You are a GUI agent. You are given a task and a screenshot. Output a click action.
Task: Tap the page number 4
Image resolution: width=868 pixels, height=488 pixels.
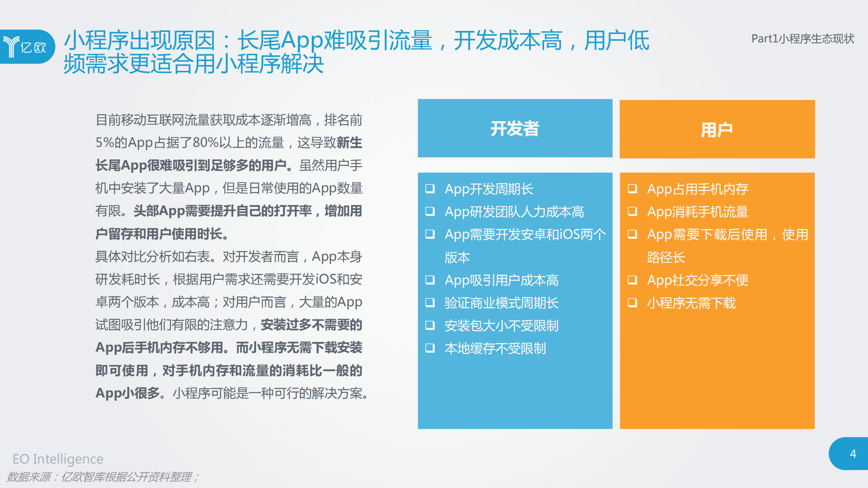[853, 454]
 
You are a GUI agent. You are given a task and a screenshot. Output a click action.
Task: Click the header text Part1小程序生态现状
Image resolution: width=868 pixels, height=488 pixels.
[803, 39]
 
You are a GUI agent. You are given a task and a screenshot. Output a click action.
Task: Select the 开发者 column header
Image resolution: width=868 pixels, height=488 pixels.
[515, 129]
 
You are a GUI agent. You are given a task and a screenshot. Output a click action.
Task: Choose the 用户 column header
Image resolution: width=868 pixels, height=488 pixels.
[717, 130]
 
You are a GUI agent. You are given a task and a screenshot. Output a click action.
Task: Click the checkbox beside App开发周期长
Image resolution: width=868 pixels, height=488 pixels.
[430, 189]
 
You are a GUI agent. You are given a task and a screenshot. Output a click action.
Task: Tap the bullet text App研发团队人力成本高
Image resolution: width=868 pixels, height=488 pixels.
[514, 212]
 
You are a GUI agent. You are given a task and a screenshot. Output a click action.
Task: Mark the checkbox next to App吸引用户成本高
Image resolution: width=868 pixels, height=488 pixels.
[430, 280]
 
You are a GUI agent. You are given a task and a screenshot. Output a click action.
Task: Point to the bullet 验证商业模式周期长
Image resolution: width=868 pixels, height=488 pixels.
[501, 303]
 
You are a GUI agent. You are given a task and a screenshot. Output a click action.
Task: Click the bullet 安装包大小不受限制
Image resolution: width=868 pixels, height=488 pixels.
[501, 326]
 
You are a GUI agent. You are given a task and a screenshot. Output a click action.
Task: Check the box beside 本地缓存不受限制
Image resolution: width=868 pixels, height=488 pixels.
[430, 348]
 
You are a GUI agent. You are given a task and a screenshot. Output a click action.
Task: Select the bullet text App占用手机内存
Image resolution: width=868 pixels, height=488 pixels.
[697, 189]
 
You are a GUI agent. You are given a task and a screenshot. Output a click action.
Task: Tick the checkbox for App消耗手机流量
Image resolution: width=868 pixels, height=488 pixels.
[632, 212]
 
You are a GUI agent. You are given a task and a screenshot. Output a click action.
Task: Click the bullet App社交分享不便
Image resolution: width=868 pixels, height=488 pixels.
[697, 280]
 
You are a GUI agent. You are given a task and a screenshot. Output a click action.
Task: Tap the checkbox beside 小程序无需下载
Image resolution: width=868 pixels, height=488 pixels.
[632, 302]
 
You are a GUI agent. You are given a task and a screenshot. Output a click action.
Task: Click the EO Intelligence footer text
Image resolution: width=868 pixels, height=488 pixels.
[58, 459]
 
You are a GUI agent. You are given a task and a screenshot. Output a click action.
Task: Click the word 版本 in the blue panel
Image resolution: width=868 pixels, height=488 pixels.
[457, 257]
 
